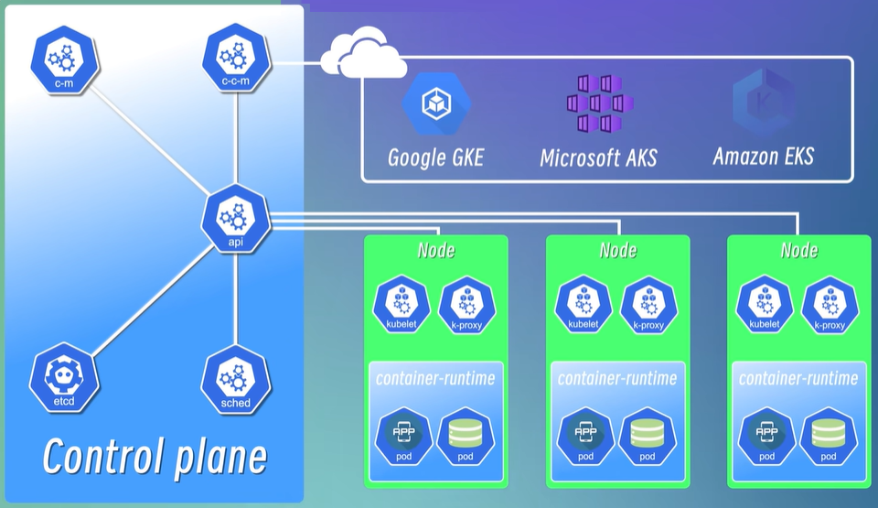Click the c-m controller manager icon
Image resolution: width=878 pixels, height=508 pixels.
pos(63,59)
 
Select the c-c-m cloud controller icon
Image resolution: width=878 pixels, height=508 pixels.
pos(236,59)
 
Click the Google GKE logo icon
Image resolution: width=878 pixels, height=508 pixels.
pos(434,103)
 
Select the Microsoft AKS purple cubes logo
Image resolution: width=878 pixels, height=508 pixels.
pos(597,103)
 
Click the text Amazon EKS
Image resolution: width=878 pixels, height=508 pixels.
pos(763,156)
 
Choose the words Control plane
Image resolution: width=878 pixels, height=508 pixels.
pos(155,455)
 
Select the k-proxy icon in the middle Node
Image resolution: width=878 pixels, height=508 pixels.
pos(648,304)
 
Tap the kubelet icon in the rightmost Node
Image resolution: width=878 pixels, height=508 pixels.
pos(765,304)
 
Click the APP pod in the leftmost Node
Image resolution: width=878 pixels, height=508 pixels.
pos(403,436)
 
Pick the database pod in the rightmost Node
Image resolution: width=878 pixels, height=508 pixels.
pos(828,436)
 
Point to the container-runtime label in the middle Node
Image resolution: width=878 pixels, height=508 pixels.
pos(617,378)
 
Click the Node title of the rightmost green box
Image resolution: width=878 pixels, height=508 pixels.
pos(799,250)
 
